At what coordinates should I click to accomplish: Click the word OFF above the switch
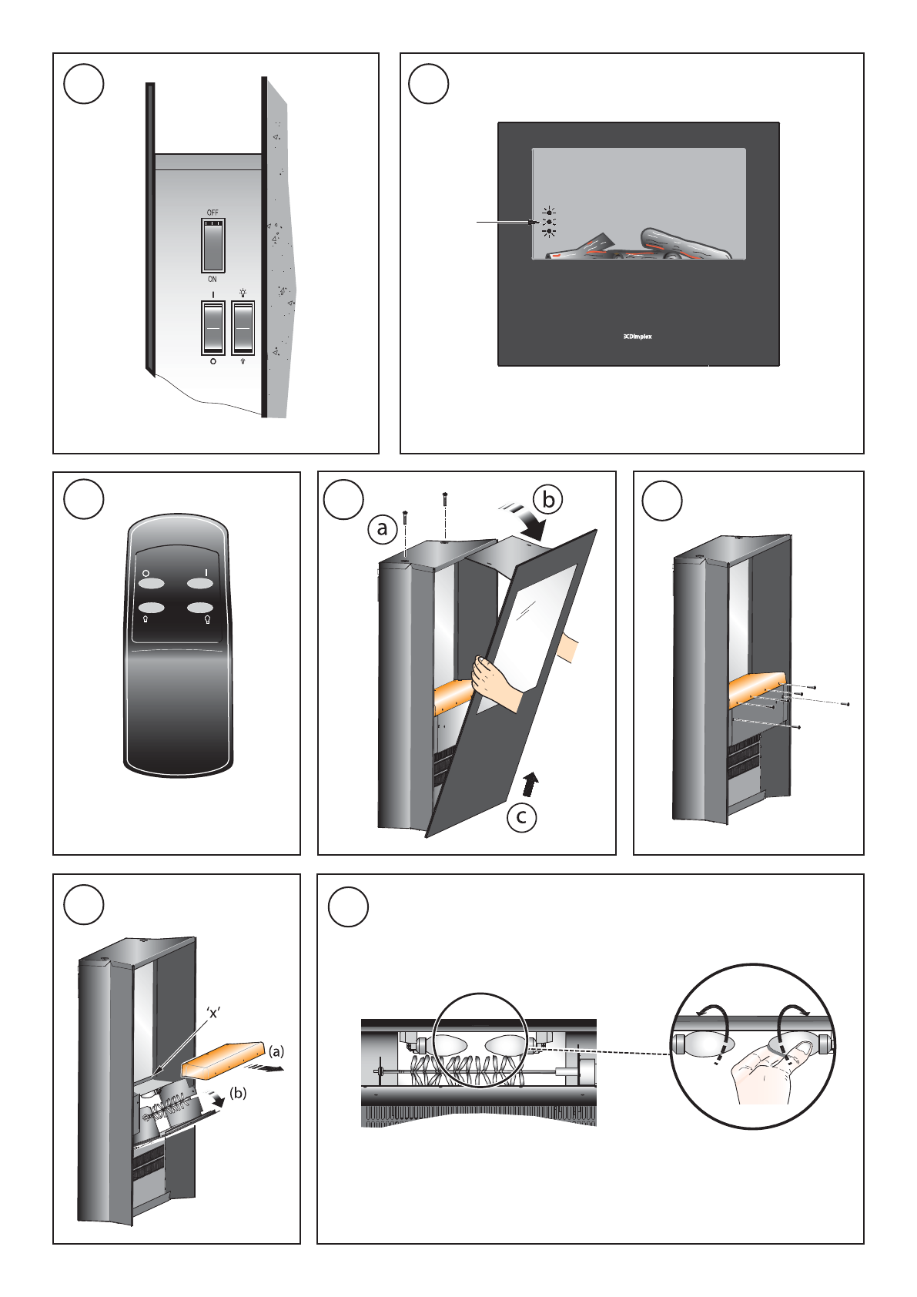click(x=213, y=213)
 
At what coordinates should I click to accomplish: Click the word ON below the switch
click(x=213, y=280)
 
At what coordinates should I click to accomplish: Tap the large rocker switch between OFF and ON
click(x=213, y=244)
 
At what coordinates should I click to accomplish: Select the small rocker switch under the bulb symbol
click(x=243, y=327)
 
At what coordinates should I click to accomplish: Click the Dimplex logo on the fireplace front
click(x=638, y=337)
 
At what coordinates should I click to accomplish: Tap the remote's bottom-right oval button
click(x=199, y=608)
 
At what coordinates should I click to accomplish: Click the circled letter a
click(x=382, y=529)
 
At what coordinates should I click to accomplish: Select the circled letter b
click(x=548, y=500)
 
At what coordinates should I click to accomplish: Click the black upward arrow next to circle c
click(x=530, y=784)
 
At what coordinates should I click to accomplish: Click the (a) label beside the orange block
click(x=276, y=1051)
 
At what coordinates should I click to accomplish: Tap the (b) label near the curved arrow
click(x=239, y=1093)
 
